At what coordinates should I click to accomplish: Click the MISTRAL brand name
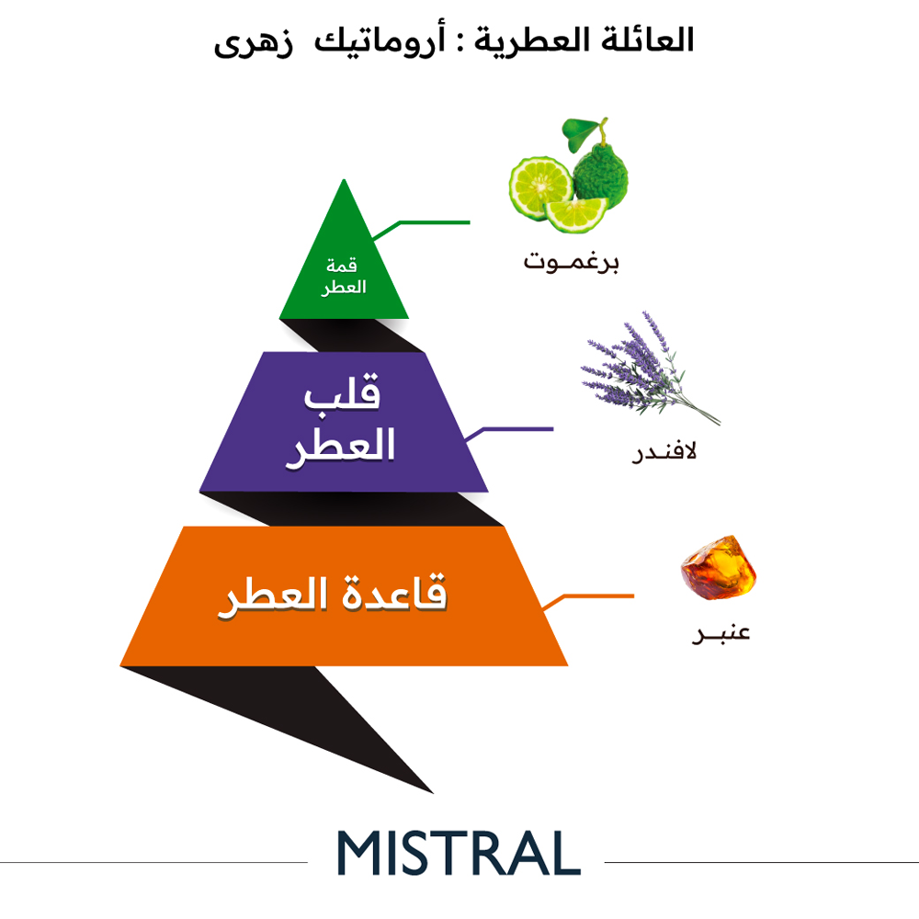click(459, 853)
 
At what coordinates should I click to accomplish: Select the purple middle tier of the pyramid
click(344, 422)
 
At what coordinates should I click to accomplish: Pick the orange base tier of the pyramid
click(344, 596)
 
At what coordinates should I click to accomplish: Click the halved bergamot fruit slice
click(539, 187)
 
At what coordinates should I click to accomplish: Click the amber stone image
click(719, 567)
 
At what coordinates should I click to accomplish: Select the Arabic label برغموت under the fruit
click(571, 261)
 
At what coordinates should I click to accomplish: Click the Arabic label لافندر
click(664, 452)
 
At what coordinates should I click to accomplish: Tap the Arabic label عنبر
click(720, 633)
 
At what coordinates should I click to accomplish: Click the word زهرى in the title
click(254, 42)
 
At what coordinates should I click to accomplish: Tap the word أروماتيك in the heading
click(380, 40)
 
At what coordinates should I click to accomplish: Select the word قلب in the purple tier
click(342, 391)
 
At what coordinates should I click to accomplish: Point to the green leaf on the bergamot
click(580, 132)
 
